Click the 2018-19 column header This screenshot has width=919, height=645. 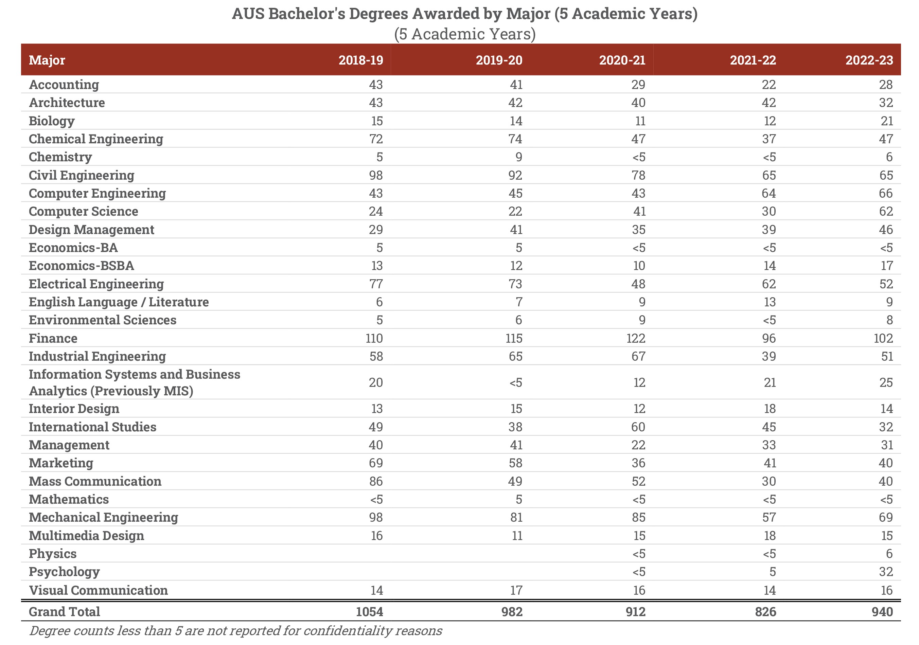click(x=361, y=60)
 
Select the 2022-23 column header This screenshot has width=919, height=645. click(x=869, y=60)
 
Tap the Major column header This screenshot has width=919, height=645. click(x=47, y=60)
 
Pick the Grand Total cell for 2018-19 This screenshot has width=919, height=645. click(x=369, y=612)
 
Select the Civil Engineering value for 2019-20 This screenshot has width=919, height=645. click(x=515, y=175)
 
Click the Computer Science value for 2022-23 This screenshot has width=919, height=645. click(x=885, y=211)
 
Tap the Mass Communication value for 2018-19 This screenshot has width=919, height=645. click(x=375, y=481)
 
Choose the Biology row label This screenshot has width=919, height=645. click(x=52, y=121)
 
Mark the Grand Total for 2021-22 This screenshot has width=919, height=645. click(x=765, y=612)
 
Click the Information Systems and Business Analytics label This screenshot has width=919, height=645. click(x=135, y=382)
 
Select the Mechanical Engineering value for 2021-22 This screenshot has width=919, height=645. click(x=768, y=517)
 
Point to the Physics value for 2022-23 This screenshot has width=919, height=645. click(x=889, y=554)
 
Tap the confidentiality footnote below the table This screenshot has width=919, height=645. click(x=235, y=631)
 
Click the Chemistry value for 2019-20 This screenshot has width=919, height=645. click(x=519, y=157)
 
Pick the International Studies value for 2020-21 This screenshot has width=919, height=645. click(x=638, y=427)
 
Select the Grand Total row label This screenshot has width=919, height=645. click(x=65, y=612)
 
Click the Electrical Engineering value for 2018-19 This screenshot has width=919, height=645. click(x=375, y=284)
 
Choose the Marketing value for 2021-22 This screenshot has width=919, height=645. click(x=769, y=463)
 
